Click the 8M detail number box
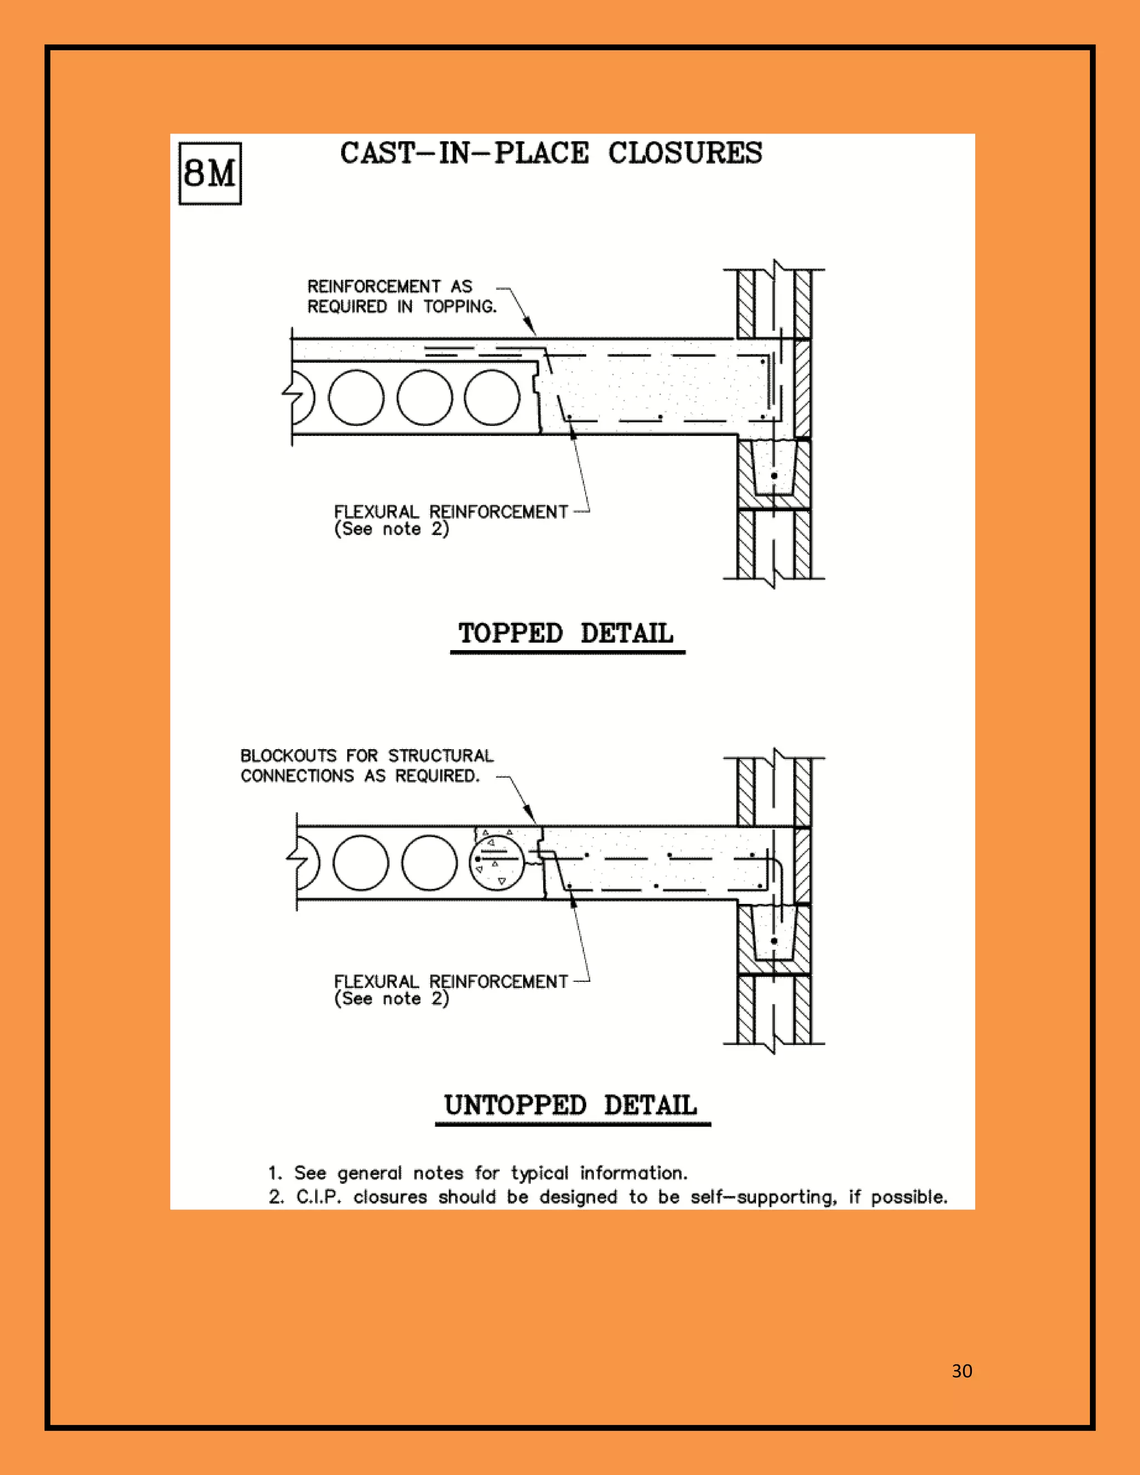tap(209, 173)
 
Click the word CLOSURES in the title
tap(685, 153)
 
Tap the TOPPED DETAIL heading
tap(566, 633)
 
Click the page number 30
tap(962, 1370)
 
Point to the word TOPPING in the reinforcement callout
tap(460, 307)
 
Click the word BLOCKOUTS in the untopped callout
tap(288, 756)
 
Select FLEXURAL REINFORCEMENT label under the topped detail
tap(450, 512)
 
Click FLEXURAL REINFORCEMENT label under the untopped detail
tap(450, 981)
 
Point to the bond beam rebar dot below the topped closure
tap(774, 476)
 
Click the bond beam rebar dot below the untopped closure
tap(774, 941)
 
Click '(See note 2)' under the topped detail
tap(392, 529)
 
